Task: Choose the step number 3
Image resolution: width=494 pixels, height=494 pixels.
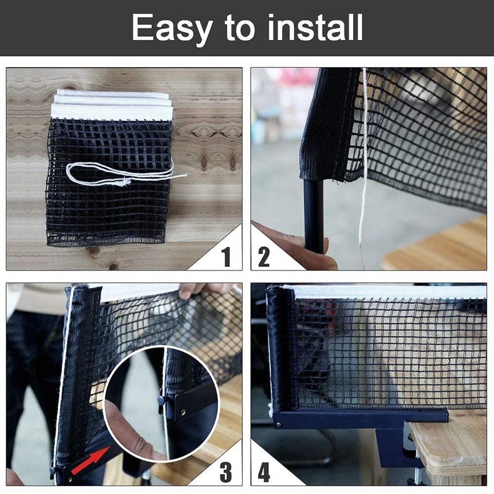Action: (x=227, y=472)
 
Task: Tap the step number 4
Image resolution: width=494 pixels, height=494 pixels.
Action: (x=264, y=472)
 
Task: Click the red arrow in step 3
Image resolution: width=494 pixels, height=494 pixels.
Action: (x=88, y=463)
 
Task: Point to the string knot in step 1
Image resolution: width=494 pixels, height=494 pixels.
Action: (x=125, y=182)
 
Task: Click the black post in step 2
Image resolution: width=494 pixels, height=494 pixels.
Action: (x=314, y=216)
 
